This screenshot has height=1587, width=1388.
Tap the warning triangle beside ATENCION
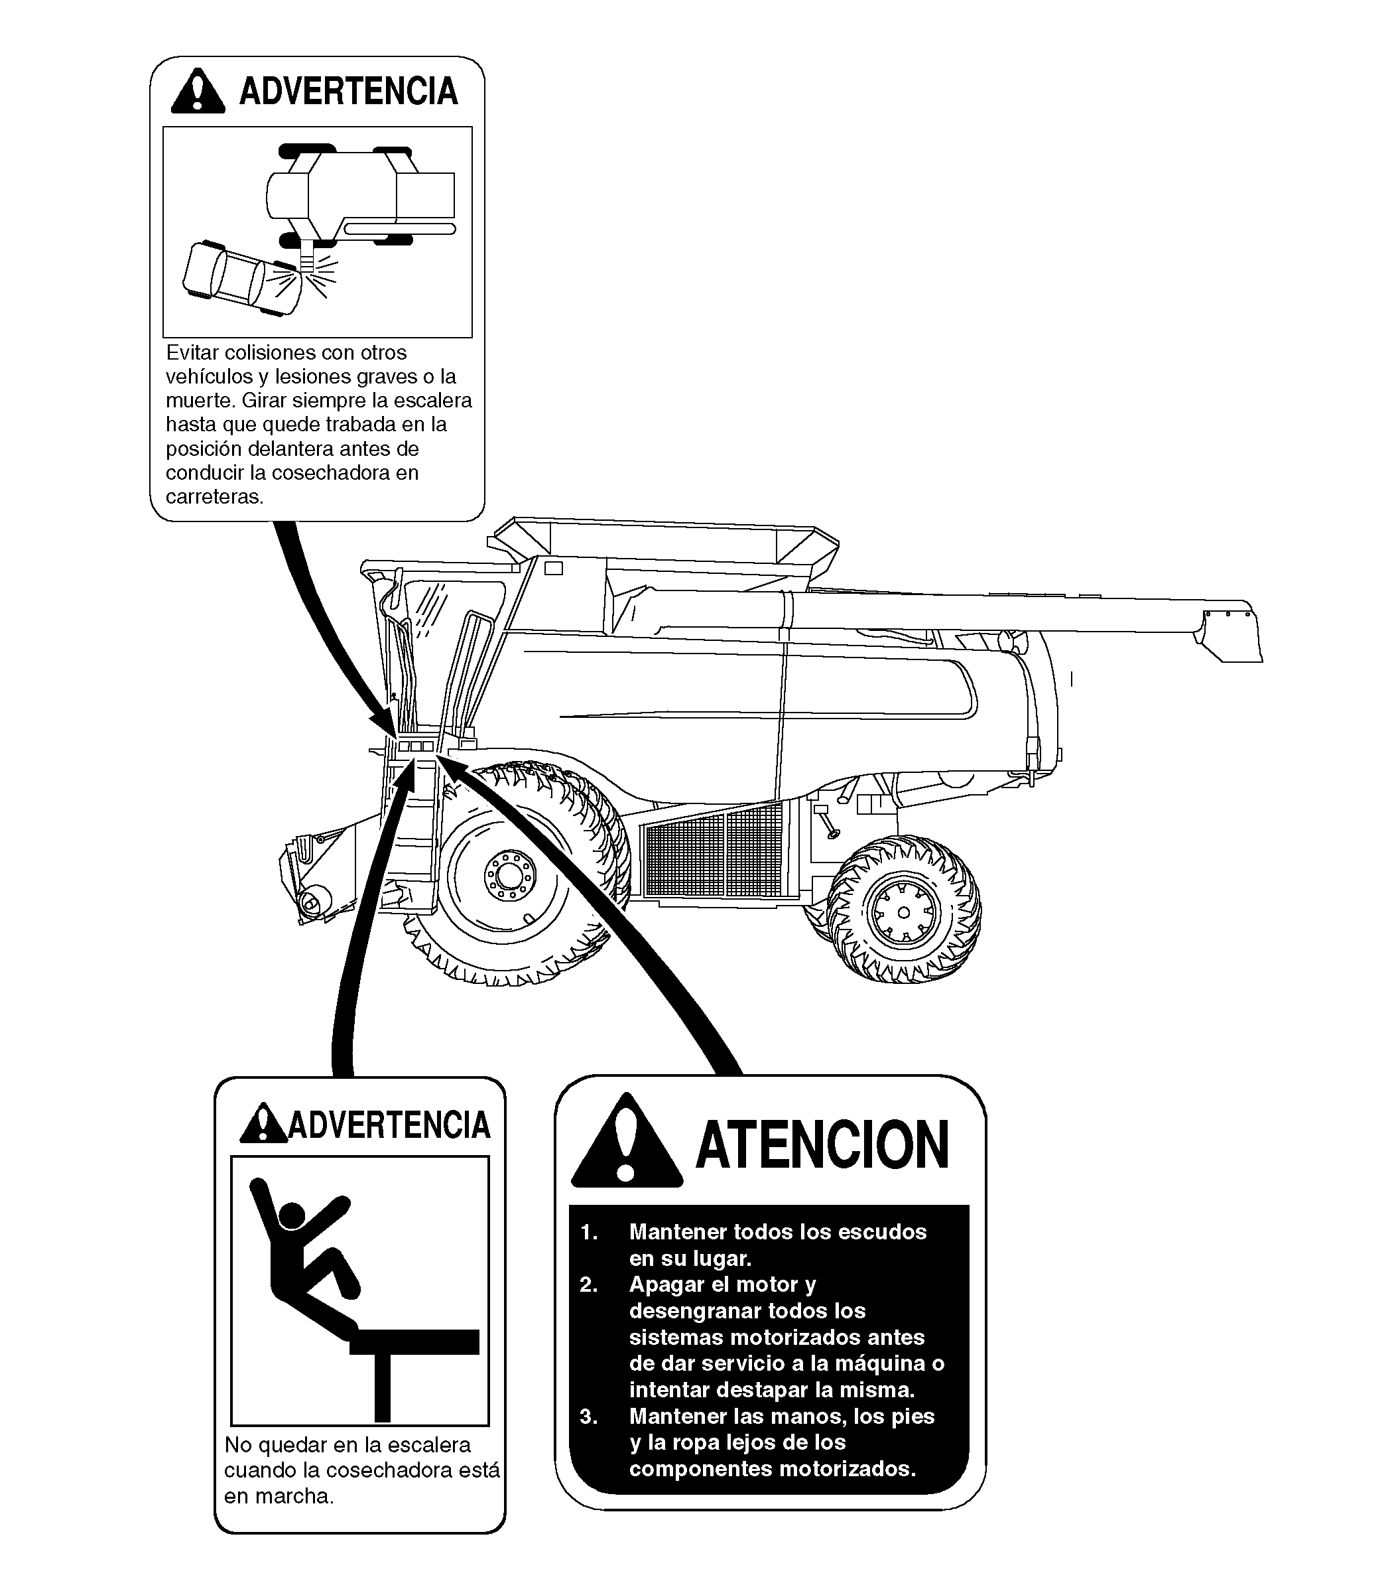(x=627, y=1142)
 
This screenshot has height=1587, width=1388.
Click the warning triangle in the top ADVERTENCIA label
(x=199, y=92)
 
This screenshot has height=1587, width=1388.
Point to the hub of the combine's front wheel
(x=509, y=876)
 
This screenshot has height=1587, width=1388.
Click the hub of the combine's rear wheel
(x=903, y=912)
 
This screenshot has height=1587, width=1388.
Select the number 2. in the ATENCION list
(x=589, y=1284)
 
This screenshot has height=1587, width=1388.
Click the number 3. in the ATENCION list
(x=589, y=1416)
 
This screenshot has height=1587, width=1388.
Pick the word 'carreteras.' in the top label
(x=215, y=497)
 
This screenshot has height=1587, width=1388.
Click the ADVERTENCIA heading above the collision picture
(x=349, y=92)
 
